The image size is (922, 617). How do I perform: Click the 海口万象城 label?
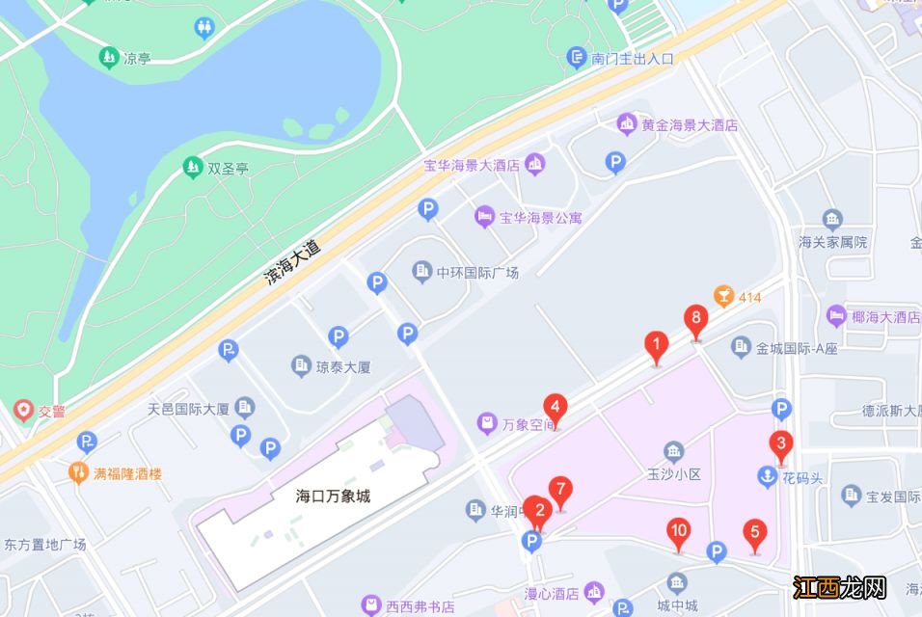[334, 497]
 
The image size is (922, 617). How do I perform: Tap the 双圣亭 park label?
[229, 168]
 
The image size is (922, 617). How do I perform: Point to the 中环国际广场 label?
[477, 272]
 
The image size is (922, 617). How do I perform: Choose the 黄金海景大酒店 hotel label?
[690, 124]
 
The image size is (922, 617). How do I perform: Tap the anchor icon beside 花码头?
[766, 475]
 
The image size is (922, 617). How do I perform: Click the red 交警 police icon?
[22, 411]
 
